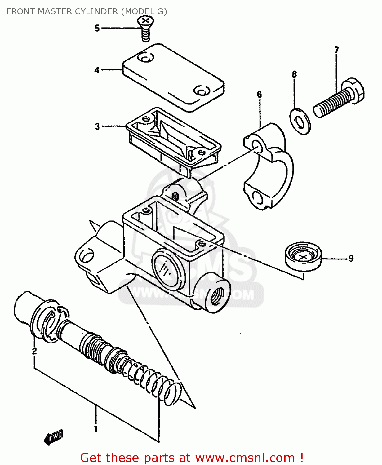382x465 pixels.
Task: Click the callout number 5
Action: pos(97,28)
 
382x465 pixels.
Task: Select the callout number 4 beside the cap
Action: pos(97,70)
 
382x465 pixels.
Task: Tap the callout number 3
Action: pos(97,126)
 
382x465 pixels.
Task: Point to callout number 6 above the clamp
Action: pos(259,94)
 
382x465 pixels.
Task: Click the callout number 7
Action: pos(337,50)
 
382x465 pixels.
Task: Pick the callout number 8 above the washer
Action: pos(294,74)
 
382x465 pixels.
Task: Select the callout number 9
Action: pos(351,258)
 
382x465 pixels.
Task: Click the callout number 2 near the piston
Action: pos(34,351)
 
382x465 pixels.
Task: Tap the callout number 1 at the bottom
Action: pos(95,429)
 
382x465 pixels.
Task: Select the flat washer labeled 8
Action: pos(300,121)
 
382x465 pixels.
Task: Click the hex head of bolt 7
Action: pos(353,90)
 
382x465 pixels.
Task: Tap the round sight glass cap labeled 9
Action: pos(303,256)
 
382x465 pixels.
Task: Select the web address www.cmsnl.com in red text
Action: pos(245,458)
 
